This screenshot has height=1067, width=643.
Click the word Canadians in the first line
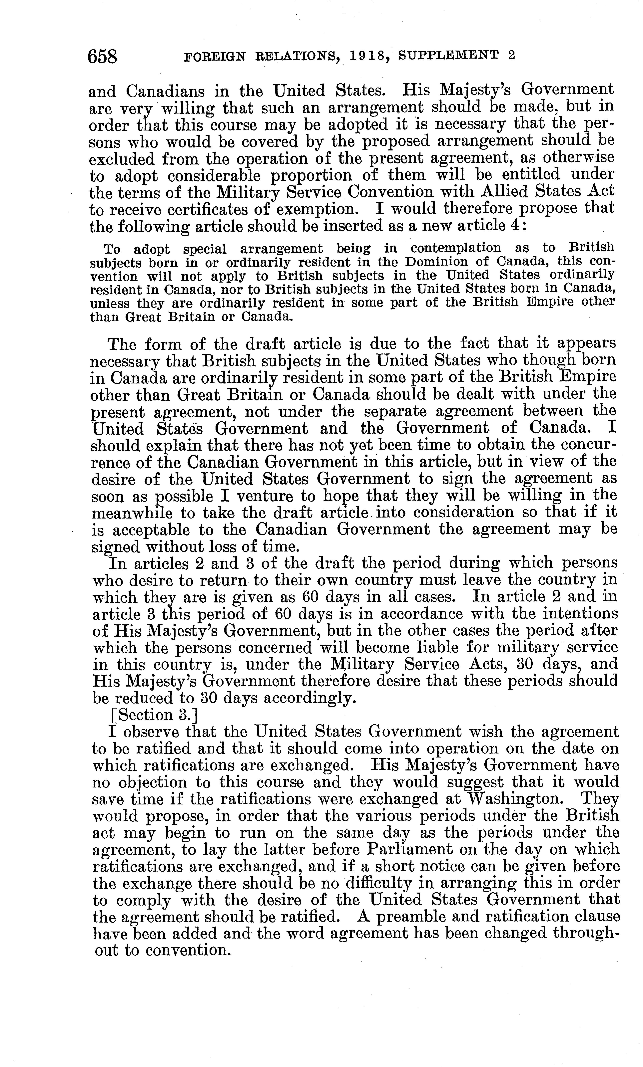[x=165, y=91]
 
